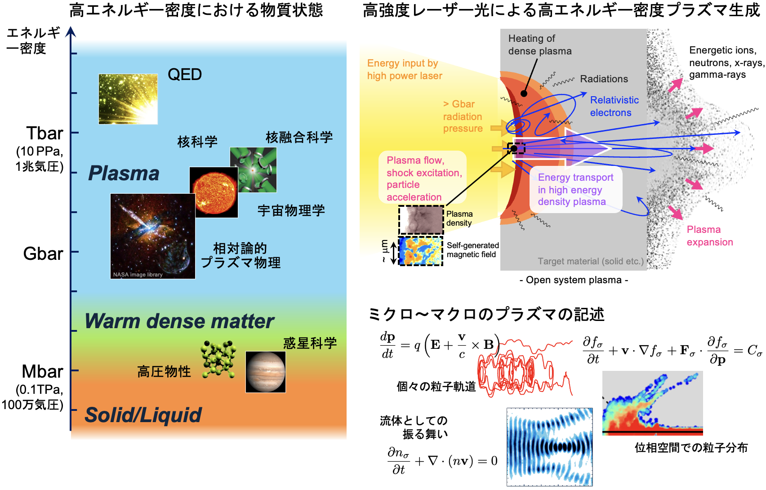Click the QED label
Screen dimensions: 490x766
(x=184, y=75)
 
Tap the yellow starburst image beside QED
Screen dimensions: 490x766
(x=128, y=99)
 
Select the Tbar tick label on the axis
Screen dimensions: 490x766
(x=45, y=134)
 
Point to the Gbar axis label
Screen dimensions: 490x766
(x=43, y=254)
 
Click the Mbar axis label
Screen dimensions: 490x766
(x=42, y=372)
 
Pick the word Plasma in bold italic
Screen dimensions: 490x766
(x=124, y=174)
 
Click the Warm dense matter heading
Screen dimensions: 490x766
(x=179, y=321)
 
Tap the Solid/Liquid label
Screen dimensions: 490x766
(x=143, y=415)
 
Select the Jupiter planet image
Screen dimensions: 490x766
(x=265, y=372)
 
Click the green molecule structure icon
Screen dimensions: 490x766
(x=218, y=359)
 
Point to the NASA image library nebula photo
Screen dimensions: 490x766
(x=152, y=236)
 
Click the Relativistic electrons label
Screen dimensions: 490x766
(x=614, y=107)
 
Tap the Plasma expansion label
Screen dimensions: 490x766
(x=709, y=236)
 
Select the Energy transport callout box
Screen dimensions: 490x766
(x=576, y=190)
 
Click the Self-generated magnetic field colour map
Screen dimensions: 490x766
(x=420, y=251)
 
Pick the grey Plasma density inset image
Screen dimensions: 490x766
(x=421, y=219)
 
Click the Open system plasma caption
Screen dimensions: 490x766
(x=574, y=280)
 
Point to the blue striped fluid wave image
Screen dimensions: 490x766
(x=549, y=447)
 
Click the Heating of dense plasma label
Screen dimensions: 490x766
(x=539, y=45)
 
